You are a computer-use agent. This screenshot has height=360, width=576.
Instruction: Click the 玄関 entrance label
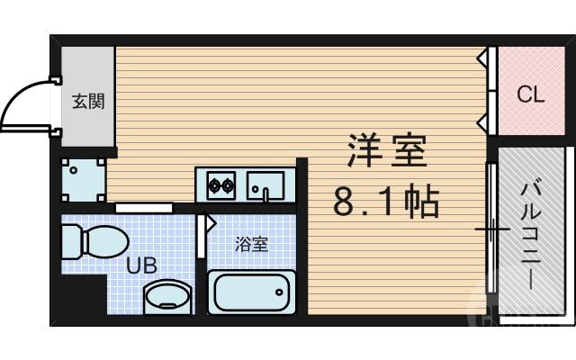coord(88,101)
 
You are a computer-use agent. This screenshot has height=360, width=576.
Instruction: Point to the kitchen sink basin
coord(266,187)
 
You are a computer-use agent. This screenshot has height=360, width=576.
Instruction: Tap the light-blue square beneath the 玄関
coord(84,180)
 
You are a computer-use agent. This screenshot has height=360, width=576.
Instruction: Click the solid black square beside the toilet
coord(82,296)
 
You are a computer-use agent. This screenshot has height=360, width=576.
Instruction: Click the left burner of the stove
coord(215,188)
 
